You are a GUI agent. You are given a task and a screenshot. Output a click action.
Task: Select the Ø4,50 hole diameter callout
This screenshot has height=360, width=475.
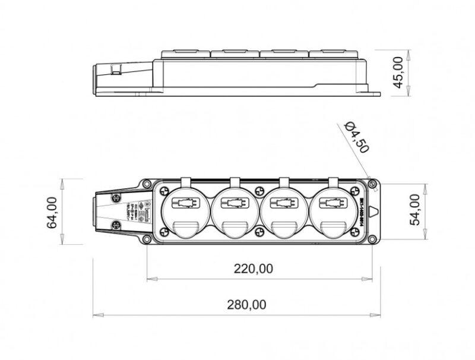[x=357, y=137]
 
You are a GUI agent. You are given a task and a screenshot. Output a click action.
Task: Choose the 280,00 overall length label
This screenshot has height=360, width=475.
[x=245, y=305]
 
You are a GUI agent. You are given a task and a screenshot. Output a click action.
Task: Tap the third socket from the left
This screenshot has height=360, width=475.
[x=283, y=212]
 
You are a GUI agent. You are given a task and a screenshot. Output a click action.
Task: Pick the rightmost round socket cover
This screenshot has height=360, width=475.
[x=333, y=212]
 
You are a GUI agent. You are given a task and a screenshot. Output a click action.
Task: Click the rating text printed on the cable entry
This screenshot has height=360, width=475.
[x=130, y=211]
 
